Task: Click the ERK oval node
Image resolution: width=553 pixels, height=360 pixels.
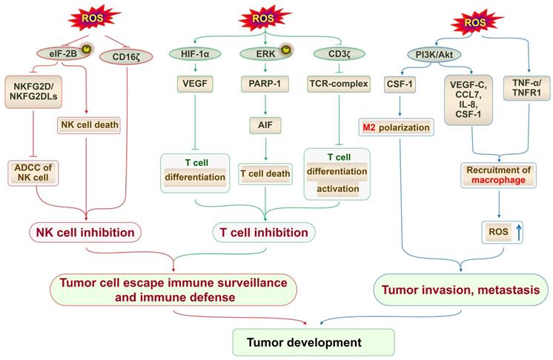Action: [x=260, y=54]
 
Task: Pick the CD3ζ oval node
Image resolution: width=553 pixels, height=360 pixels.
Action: [x=332, y=54]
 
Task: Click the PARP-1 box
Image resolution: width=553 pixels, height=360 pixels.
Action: [x=260, y=84]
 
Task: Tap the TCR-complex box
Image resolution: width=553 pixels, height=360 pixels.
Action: [x=337, y=84]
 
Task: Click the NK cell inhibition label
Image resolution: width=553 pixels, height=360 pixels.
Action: [x=87, y=233]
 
